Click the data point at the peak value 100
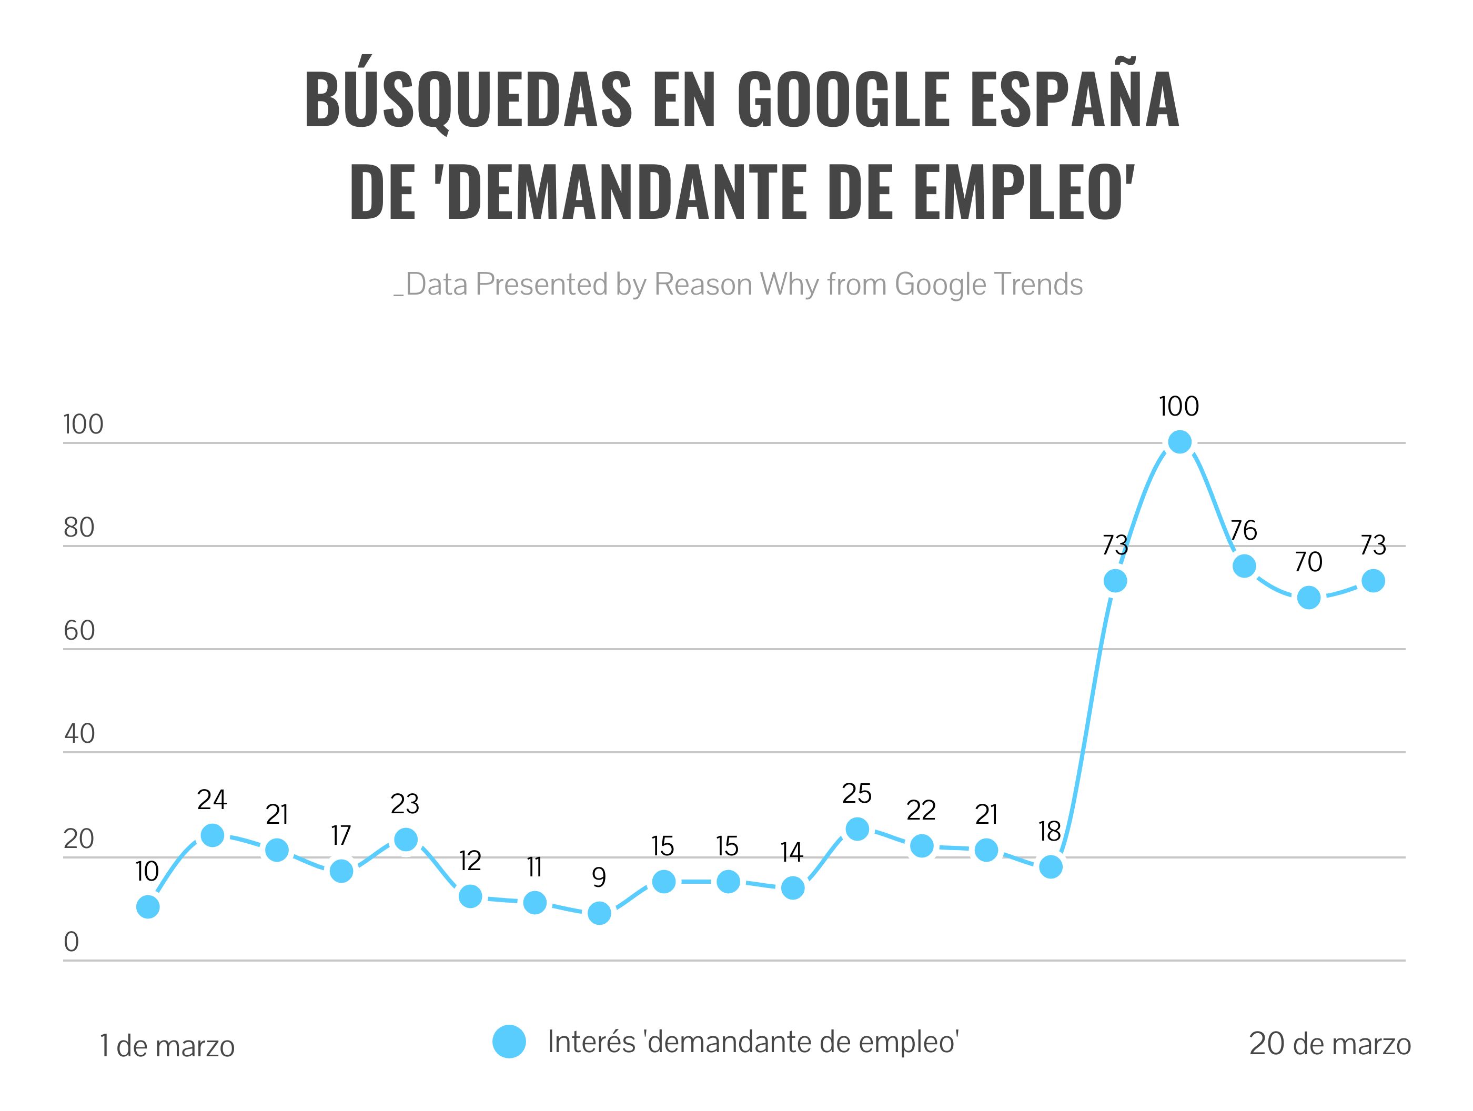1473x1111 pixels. [x=1179, y=441]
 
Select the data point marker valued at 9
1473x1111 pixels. [x=599, y=913]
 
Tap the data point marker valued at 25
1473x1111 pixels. [x=857, y=829]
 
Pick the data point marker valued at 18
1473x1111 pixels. [x=1051, y=866]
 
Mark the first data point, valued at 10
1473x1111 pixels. [x=148, y=906]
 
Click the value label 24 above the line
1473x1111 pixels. [x=212, y=799]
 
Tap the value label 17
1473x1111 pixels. [x=341, y=835]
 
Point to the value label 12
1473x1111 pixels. [x=470, y=861]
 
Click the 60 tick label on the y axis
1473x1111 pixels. [x=79, y=631]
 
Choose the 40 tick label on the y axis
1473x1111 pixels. [x=79, y=734]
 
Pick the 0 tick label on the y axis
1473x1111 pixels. [x=71, y=942]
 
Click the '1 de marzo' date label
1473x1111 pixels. [x=167, y=1046]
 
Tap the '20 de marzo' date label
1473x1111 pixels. [x=1330, y=1044]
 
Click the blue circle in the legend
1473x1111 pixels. [x=509, y=1041]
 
